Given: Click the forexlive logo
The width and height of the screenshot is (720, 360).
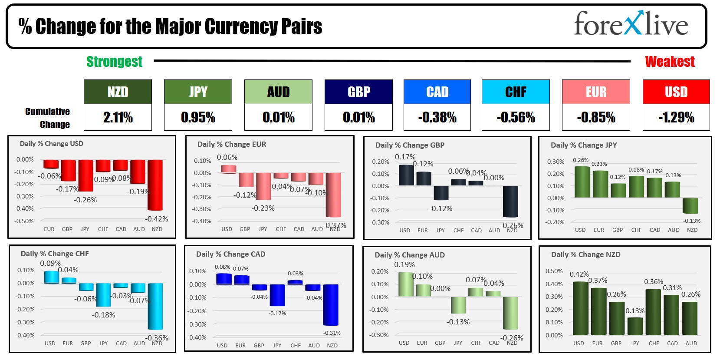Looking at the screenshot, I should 631,24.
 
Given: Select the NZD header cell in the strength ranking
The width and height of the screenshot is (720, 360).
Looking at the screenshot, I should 118,92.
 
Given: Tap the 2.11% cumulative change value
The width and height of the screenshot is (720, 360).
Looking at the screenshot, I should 118,117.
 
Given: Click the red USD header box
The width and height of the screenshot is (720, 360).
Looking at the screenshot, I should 676,92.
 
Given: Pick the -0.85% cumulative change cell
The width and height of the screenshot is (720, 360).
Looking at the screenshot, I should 596,117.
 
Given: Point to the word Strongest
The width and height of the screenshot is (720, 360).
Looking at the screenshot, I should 114,62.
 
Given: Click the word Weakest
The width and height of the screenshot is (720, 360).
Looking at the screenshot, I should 670,62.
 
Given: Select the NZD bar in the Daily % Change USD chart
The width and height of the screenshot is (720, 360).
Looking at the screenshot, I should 155,185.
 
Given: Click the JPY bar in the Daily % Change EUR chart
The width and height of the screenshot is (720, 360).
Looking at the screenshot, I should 263,186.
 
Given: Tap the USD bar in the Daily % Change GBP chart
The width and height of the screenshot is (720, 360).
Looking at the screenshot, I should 406,175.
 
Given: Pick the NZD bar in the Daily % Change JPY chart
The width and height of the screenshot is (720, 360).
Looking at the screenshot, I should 690,206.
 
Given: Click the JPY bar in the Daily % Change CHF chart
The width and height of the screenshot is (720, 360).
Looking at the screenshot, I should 104,295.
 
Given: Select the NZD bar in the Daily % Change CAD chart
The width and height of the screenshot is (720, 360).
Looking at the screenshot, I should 331,305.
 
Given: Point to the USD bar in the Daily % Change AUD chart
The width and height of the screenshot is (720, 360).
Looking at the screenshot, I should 406,284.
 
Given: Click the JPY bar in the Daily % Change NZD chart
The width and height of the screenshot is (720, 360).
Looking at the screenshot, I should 635,326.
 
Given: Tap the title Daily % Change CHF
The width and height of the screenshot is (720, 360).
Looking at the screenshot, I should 55,254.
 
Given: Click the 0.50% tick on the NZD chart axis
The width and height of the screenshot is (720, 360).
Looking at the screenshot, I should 554,271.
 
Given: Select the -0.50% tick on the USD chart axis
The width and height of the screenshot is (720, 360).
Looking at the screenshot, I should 24,221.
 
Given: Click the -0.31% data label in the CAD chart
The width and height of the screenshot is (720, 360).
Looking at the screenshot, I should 332,333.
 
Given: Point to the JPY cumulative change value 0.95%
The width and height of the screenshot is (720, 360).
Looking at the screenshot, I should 198,117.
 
